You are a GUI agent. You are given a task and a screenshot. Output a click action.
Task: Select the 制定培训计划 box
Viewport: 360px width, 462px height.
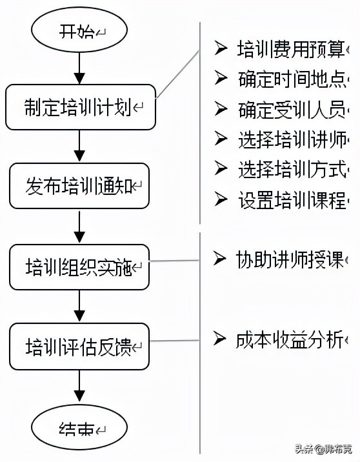tap(79, 106)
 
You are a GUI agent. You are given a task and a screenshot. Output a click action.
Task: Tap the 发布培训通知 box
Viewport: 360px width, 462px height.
tap(79, 186)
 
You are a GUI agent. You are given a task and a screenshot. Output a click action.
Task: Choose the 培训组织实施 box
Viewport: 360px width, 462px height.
tap(79, 266)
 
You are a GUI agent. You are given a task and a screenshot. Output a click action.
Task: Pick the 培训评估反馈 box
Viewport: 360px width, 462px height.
tap(79, 346)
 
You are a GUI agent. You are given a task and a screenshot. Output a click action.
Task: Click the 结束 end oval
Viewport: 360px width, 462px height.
tap(79, 428)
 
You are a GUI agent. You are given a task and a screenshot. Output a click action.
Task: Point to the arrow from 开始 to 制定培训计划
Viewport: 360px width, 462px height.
tap(79, 66)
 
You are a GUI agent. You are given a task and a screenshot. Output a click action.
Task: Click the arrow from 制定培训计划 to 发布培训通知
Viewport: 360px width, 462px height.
tap(79, 146)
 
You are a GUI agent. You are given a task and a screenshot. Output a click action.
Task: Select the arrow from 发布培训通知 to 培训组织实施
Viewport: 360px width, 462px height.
tap(79, 226)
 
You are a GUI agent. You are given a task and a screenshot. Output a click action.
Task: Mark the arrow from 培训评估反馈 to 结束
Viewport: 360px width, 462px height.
tap(79, 387)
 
